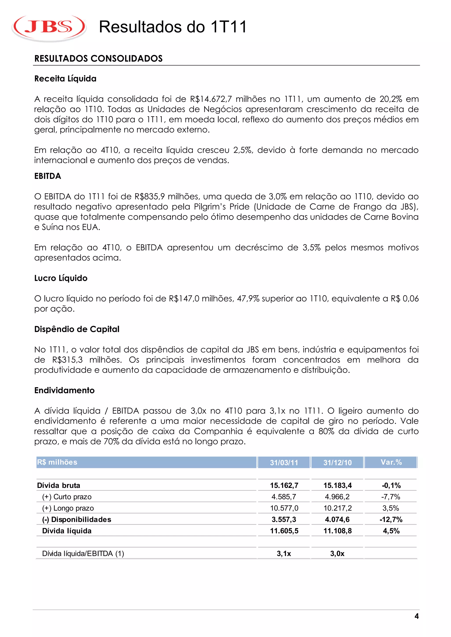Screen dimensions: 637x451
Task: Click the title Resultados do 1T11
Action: pos(173,27)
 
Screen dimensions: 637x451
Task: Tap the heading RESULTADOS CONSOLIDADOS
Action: pos(98,59)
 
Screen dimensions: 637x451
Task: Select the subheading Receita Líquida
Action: pos(65,79)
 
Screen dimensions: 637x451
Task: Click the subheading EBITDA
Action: pos(48,176)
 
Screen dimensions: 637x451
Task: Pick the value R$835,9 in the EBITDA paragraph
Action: pos(149,197)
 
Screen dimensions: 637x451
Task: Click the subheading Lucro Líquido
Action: pos(61,278)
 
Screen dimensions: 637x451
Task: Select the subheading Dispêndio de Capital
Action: pos(77,329)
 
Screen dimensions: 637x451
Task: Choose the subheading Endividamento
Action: pos(65,390)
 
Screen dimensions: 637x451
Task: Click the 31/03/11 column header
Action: pos(284,463)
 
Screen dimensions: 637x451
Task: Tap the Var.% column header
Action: pos(391,462)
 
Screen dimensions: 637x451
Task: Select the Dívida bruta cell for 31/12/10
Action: pos(337,485)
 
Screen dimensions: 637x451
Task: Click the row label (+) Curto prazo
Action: pos(67,497)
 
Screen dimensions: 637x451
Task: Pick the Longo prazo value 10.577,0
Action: pos(284,508)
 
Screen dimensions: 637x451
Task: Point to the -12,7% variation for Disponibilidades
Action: pos(391,520)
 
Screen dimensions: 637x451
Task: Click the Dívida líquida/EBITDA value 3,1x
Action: pos(284,554)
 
